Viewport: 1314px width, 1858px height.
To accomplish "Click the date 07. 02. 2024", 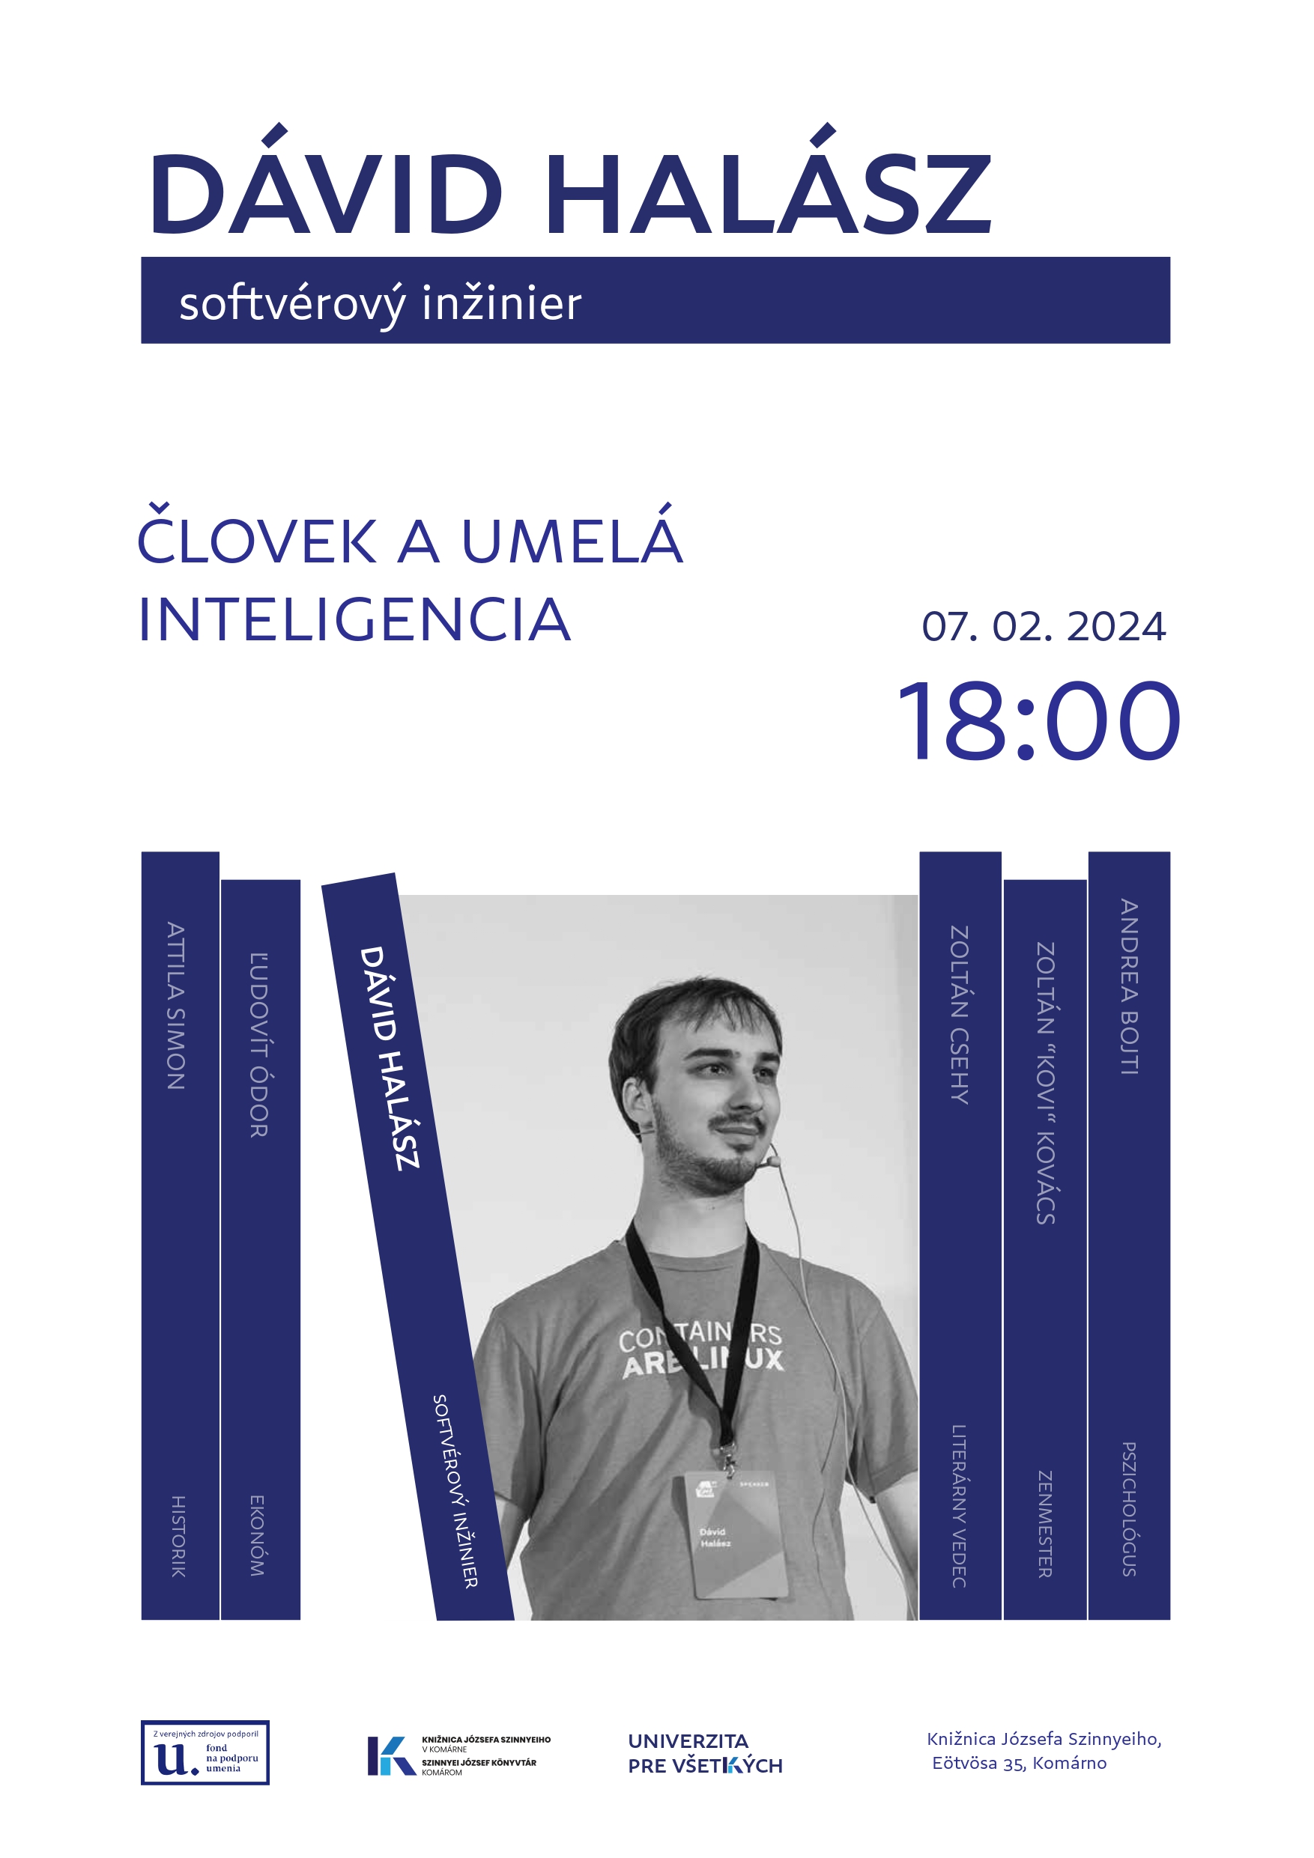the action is (x=1043, y=626).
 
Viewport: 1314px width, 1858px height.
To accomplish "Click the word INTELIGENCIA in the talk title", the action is (x=354, y=620).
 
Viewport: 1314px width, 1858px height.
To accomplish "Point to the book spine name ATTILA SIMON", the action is (x=176, y=1006).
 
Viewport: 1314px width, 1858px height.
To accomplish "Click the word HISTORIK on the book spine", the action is (x=178, y=1537).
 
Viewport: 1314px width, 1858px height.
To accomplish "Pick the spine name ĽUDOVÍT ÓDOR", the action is (x=258, y=1045).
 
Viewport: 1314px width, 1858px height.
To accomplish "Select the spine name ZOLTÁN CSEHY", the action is (x=960, y=1015).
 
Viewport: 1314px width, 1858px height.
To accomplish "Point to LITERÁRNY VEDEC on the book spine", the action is (x=959, y=1506).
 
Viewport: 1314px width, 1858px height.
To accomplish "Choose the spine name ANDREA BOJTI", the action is (x=1130, y=986).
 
